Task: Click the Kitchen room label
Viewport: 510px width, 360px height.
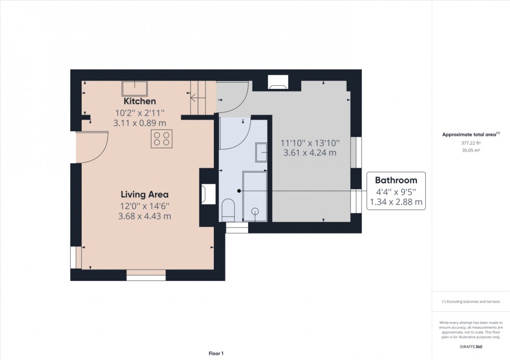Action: tap(139, 101)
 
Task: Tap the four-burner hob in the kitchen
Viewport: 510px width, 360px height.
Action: tap(161, 139)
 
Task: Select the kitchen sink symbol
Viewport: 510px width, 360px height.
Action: tap(134, 87)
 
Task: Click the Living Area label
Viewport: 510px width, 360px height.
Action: tap(144, 195)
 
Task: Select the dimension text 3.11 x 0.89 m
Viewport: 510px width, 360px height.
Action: tap(139, 123)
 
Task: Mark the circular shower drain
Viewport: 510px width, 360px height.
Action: tap(255, 211)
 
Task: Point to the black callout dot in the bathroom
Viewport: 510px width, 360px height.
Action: tap(239, 191)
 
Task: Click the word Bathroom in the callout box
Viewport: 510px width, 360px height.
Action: tap(396, 181)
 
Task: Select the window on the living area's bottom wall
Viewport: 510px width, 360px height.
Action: tap(146, 275)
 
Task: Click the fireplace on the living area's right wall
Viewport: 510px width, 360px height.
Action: tap(207, 194)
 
